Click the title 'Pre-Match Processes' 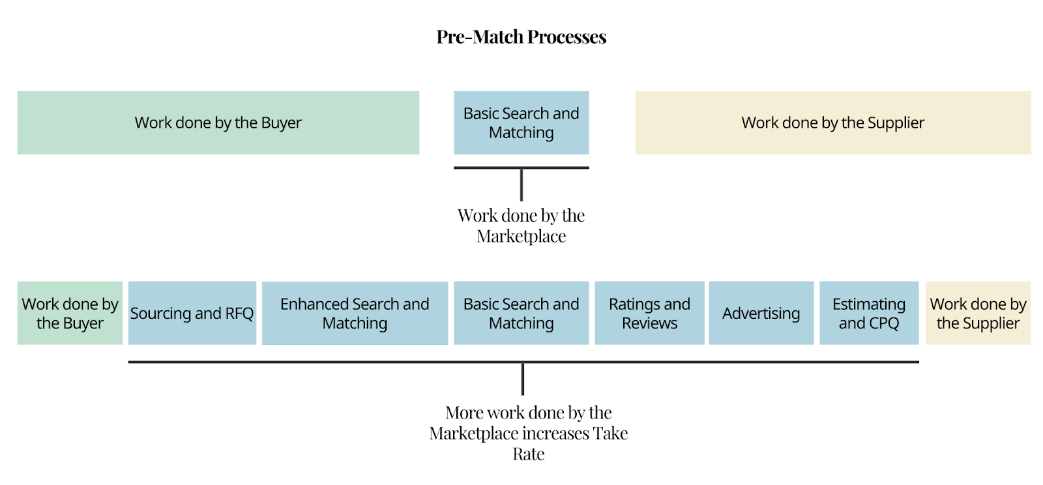pos(521,37)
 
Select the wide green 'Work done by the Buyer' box pos(218,123)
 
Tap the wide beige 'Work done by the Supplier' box pos(833,123)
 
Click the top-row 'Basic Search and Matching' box pos(521,123)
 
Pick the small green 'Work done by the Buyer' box pos(70,313)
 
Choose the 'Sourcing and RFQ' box pos(192,313)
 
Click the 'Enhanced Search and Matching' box pos(355,313)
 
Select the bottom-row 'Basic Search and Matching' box pos(521,313)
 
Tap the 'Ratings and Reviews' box pos(649,313)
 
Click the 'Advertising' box pos(761,313)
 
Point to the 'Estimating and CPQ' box pos(869,313)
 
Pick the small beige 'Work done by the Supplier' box pos(978,313)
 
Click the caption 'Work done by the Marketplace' pos(521,226)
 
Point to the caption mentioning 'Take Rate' pos(529,434)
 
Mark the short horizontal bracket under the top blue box pos(521,168)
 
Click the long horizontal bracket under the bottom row pos(523,362)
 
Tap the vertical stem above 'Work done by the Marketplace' pos(521,185)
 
